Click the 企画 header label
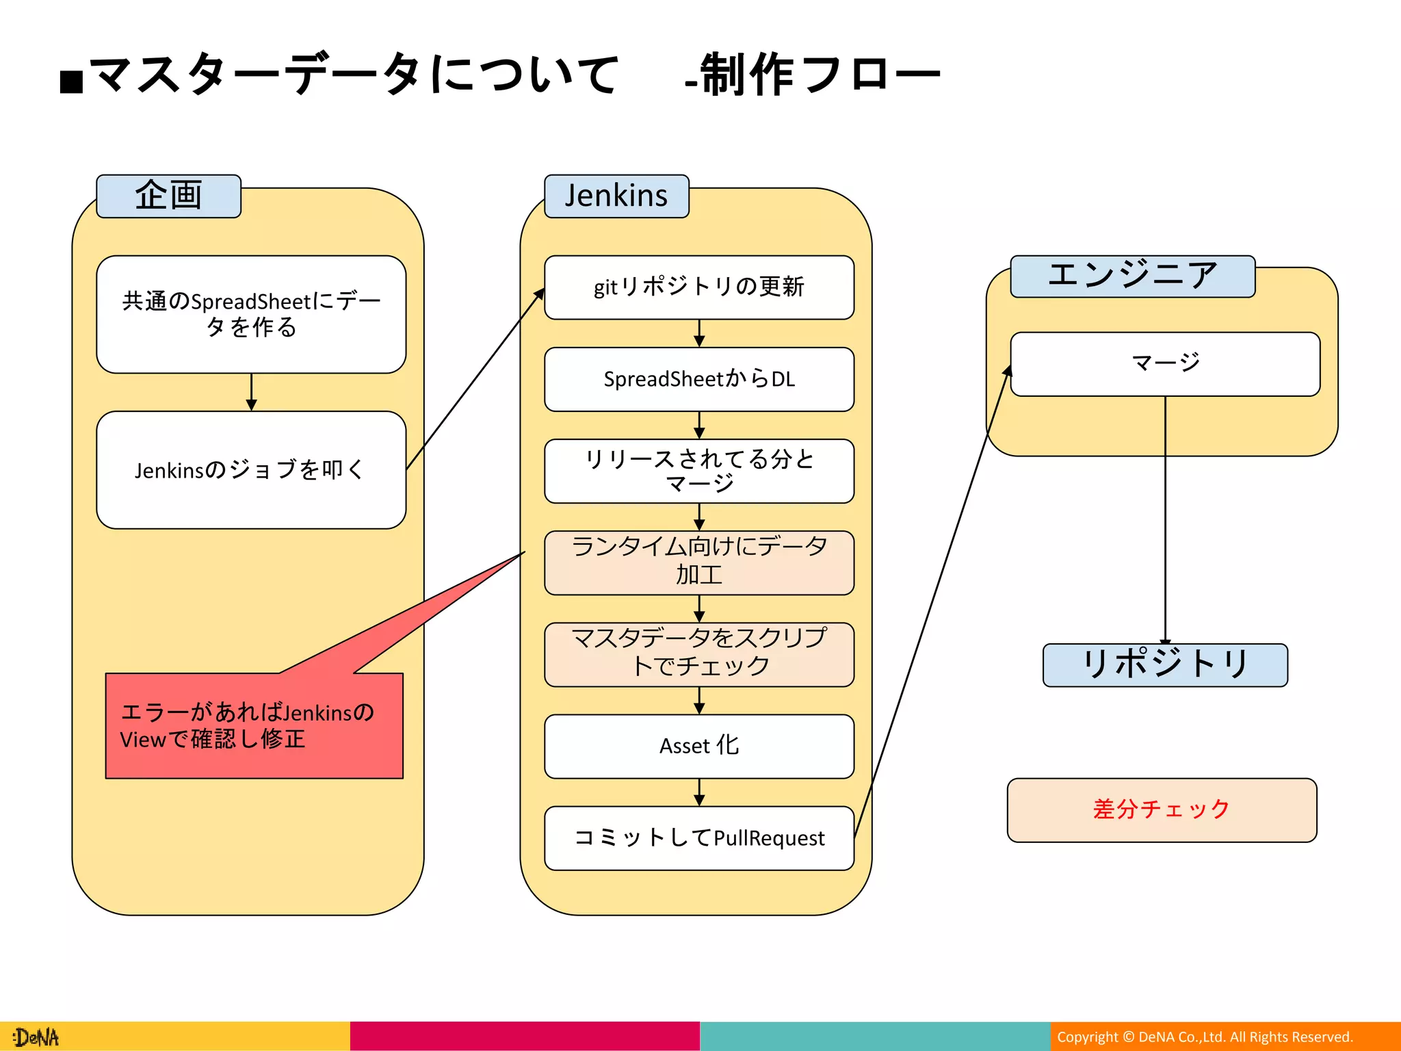pos(168,196)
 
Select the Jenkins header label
pos(616,196)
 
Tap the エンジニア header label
pos(1132,276)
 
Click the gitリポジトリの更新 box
pos(698,287)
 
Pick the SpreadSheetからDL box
pos(698,379)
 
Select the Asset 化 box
pos(698,746)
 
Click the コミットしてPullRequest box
pos(698,838)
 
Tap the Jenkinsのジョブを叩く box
pos(251,470)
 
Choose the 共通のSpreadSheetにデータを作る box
pos(251,315)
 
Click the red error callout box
pos(254,726)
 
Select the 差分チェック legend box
pos(1162,809)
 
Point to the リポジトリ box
pos(1165,664)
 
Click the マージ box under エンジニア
pos(1165,364)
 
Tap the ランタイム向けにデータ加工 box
pos(698,562)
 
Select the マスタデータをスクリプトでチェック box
pos(698,654)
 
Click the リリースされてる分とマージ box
pos(698,471)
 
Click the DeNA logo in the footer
pos(37,1037)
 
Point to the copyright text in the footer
pos(1205,1037)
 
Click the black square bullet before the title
pos(71,81)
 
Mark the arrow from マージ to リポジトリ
pos(1165,520)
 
